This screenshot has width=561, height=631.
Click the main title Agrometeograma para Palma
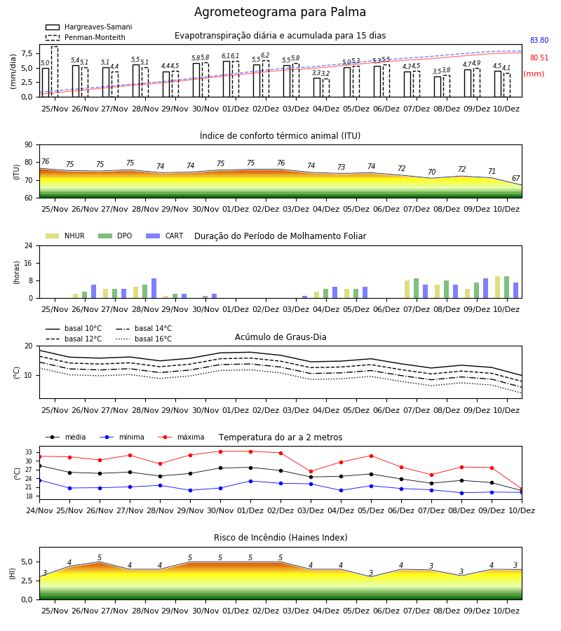click(x=280, y=12)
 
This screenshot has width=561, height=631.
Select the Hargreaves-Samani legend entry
click(x=89, y=27)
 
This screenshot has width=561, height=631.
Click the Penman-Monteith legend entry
click(x=86, y=37)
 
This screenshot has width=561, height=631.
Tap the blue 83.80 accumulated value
click(x=539, y=40)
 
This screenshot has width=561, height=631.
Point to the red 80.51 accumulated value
click(x=539, y=57)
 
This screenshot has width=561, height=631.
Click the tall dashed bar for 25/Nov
click(x=55, y=72)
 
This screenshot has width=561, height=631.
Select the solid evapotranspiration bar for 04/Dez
click(x=317, y=88)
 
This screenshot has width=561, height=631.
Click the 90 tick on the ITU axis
click(x=29, y=145)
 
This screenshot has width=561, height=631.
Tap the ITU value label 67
click(x=515, y=178)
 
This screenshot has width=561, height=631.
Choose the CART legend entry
click(x=165, y=236)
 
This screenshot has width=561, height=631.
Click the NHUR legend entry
click(x=65, y=236)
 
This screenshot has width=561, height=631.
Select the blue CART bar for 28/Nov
click(x=154, y=288)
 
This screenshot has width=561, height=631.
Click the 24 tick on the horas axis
click(x=29, y=245)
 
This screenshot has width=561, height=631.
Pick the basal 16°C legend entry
click(x=144, y=339)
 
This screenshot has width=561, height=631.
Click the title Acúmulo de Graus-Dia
click(x=280, y=337)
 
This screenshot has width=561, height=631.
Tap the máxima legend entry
click(x=181, y=437)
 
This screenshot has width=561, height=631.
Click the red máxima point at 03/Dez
click(x=311, y=471)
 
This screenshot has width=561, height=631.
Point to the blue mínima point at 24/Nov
click(x=39, y=480)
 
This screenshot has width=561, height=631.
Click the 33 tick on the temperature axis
click(x=29, y=452)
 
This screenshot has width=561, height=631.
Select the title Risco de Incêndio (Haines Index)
click(x=280, y=538)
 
